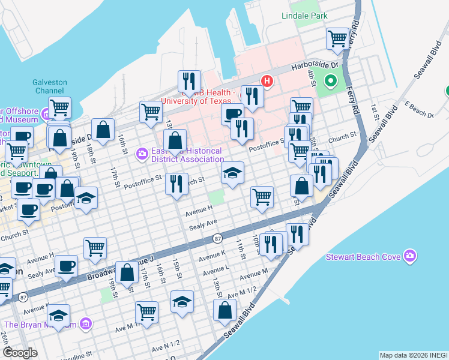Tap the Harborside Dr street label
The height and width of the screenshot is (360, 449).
pyautogui.click(x=315, y=65)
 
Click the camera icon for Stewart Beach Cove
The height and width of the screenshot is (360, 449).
pyautogui.click(x=410, y=256)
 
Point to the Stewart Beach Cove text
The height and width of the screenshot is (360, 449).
pyautogui.click(x=363, y=257)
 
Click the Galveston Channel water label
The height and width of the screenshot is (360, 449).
pyautogui.click(x=50, y=86)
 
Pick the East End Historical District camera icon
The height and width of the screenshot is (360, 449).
pyautogui.click(x=142, y=154)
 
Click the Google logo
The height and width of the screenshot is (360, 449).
pyautogui.click(x=19, y=353)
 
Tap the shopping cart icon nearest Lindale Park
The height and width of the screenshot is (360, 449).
pyautogui.click(x=338, y=39)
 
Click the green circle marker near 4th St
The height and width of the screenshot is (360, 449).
pyautogui.click(x=330, y=80)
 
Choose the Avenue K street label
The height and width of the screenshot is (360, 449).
pyautogui.click(x=212, y=255)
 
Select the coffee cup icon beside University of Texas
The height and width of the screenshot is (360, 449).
pyautogui.click(x=232, y=113)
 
